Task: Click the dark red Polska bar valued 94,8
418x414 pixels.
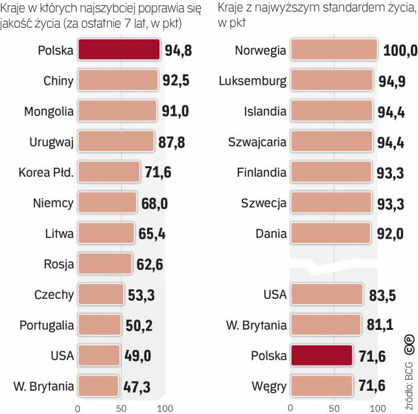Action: coord(119,50)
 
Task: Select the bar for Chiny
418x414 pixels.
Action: coord(118,81)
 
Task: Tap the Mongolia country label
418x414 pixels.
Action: coord(49,111)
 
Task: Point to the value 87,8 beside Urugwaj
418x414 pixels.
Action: coord(171,142)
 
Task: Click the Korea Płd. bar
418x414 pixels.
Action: coord(109,172)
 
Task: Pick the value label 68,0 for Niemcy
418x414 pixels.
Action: coord(155,203)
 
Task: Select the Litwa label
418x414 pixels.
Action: coord(58,234)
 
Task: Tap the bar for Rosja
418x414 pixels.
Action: coord(104,264)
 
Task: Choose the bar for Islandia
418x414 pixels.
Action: coord(332,111)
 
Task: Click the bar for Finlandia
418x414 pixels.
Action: coord(332,173)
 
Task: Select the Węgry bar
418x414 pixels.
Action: coord(322,387)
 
